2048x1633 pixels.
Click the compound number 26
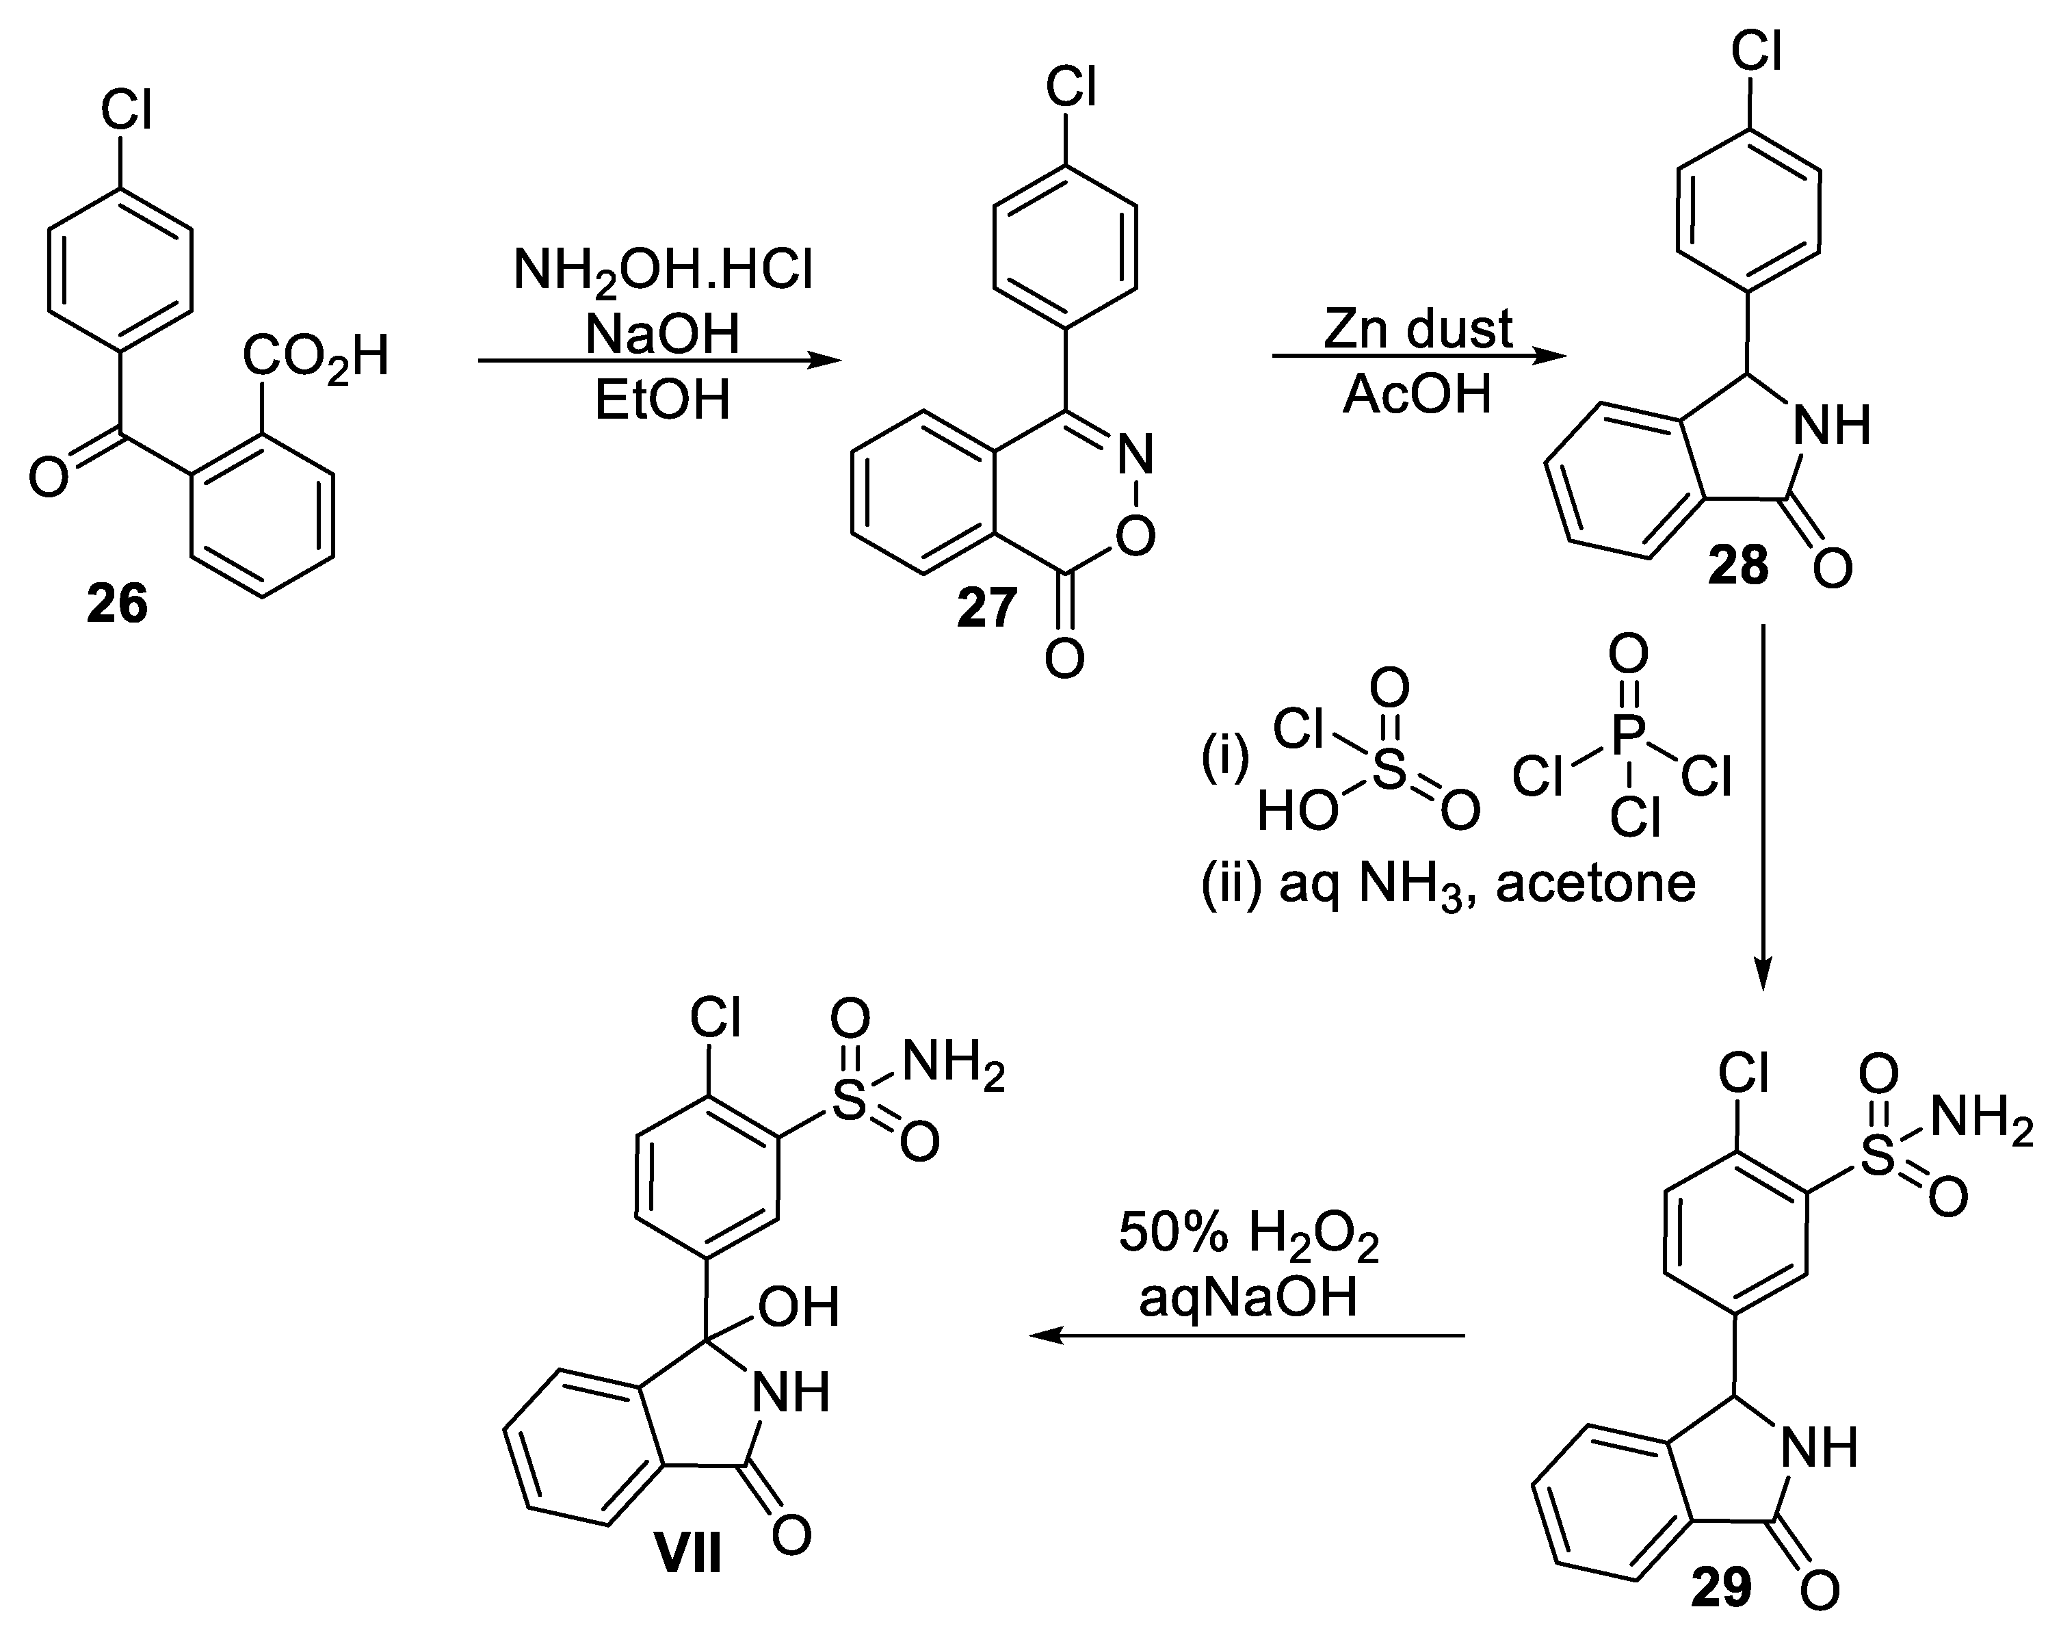[118, 604]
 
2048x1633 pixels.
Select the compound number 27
[987, 608]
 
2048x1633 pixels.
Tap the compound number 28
[1738, 566]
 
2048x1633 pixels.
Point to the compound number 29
[1721, 1586]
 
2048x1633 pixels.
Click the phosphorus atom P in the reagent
[1628, 733]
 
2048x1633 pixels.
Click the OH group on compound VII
[798, 1308]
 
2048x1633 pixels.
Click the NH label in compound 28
[1830, 426]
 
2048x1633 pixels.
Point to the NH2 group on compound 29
[1982, 1120]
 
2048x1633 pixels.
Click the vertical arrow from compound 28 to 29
[1763, 807]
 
